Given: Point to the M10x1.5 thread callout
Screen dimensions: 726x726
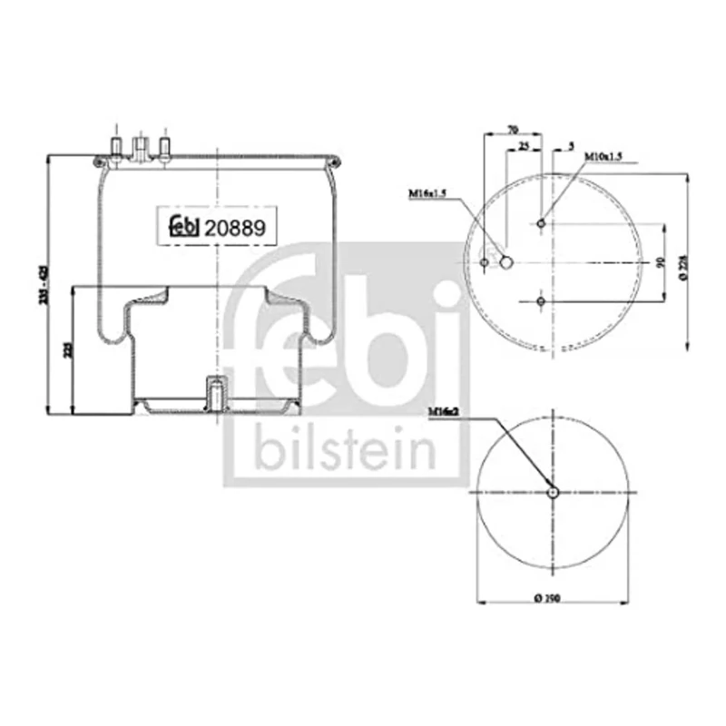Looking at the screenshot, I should (602, 157).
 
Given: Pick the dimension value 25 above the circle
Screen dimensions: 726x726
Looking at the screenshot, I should (523, 146).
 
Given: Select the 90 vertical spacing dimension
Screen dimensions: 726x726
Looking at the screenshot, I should (660, 262).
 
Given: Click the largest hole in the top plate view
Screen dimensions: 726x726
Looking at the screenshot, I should (506, 263).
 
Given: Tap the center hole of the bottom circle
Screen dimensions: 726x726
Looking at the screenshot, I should (554, 492).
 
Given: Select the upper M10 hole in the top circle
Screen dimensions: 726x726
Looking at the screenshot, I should (541, 224).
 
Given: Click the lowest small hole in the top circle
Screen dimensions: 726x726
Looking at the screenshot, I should (541, 301).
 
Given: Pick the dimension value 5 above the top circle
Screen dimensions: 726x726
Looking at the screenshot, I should (569, 146).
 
